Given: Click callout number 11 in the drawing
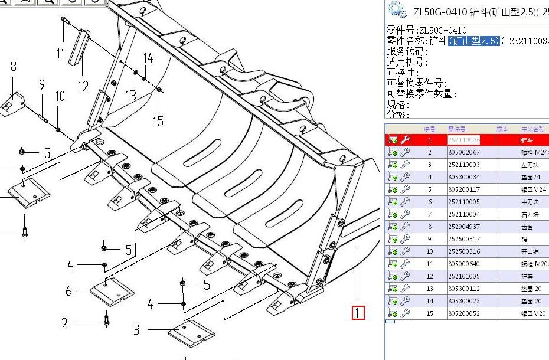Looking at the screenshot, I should point(60,54).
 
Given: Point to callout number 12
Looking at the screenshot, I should point(83,87).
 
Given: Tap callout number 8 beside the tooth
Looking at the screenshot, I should point(13,66).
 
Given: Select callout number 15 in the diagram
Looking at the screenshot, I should point(158,122).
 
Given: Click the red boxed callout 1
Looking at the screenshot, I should point(358,313).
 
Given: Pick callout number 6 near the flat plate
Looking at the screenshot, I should point(68,291).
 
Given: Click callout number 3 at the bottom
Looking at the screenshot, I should point(136,329).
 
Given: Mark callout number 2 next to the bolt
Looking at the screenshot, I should point(64,323).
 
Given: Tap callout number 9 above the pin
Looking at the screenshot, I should point(42,85).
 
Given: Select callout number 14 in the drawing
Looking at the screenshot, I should point(148,58).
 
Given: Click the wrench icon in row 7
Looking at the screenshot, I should point(405,214).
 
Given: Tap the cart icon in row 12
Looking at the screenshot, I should point(393,276).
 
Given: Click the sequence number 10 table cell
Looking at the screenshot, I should point(430,251).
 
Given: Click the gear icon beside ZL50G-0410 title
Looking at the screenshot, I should point(397,10).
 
